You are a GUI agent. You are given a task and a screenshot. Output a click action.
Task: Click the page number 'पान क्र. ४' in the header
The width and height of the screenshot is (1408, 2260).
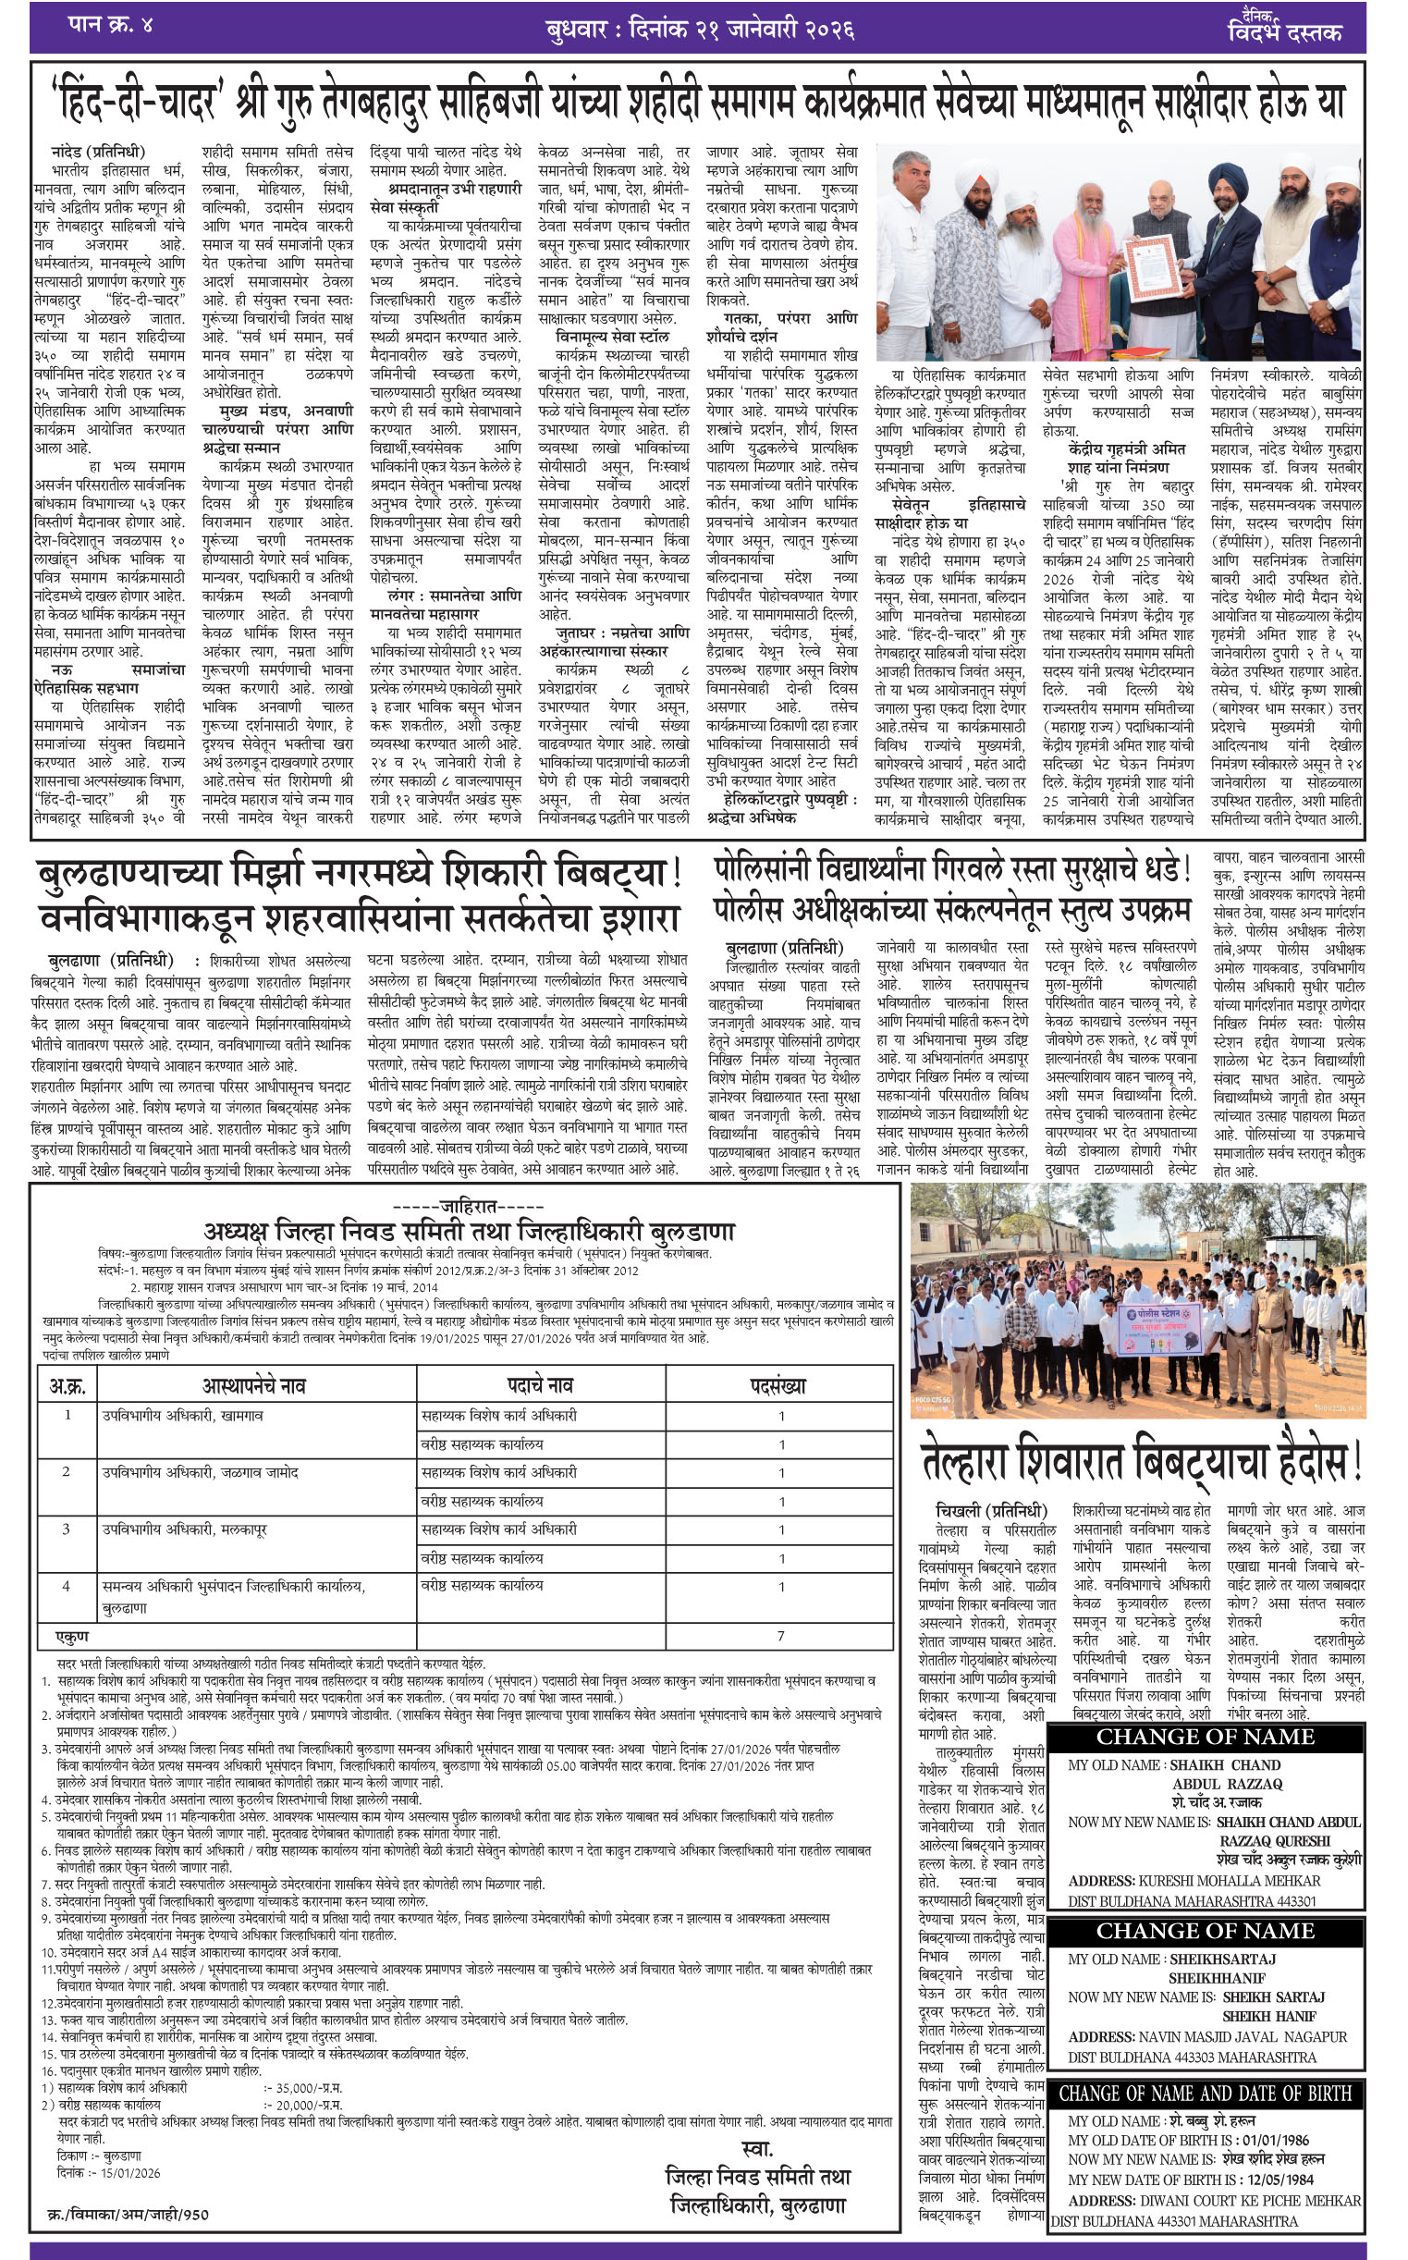[110, 25]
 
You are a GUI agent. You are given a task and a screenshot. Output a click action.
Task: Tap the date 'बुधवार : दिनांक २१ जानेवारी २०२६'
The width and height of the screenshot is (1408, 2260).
[699, 29]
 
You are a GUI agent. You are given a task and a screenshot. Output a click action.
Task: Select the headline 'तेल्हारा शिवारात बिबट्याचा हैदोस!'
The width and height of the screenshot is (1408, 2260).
[1141, 1461]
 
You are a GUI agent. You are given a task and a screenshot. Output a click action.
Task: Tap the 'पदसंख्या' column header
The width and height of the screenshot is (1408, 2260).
[777, 1386]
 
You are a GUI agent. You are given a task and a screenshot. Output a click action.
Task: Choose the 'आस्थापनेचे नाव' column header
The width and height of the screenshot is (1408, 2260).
[253, 1386]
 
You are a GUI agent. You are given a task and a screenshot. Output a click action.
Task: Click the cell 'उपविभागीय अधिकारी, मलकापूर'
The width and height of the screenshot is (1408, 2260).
[184, 1530]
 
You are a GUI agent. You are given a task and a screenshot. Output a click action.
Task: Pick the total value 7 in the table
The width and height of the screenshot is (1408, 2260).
[780, 1636]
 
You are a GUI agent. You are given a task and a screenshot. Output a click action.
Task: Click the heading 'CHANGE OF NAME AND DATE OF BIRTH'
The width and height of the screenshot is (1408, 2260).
[1205, 2094]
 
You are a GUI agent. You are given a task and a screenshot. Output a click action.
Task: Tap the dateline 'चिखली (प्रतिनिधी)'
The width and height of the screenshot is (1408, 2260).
[992, 1510]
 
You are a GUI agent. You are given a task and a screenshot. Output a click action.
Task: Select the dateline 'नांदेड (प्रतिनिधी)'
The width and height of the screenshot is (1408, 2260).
[99, 151]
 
